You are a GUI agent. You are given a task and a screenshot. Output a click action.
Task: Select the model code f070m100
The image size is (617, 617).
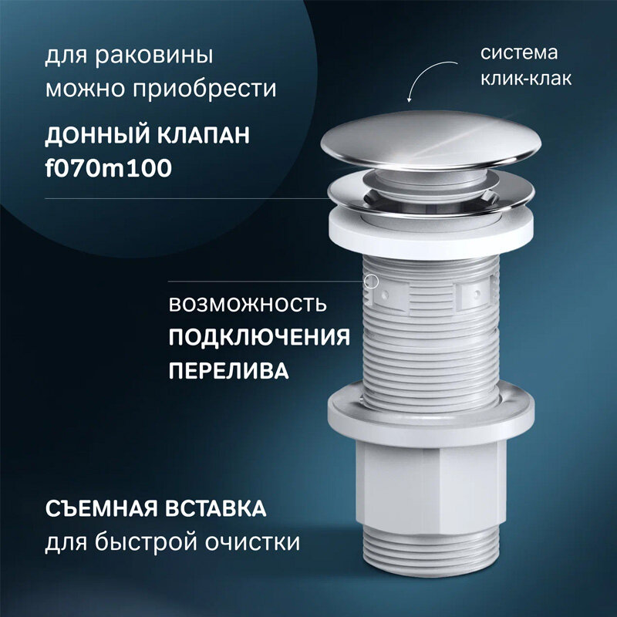coord(108,168)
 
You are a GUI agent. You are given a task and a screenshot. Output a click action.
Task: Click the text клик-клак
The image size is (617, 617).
coord(526,79)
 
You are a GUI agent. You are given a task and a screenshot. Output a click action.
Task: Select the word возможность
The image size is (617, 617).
coord(247,304)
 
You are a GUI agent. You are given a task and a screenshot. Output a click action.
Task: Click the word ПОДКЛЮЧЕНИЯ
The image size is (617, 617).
coord(259,337)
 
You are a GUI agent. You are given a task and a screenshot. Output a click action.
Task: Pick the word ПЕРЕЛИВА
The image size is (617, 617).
coord(229,370)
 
